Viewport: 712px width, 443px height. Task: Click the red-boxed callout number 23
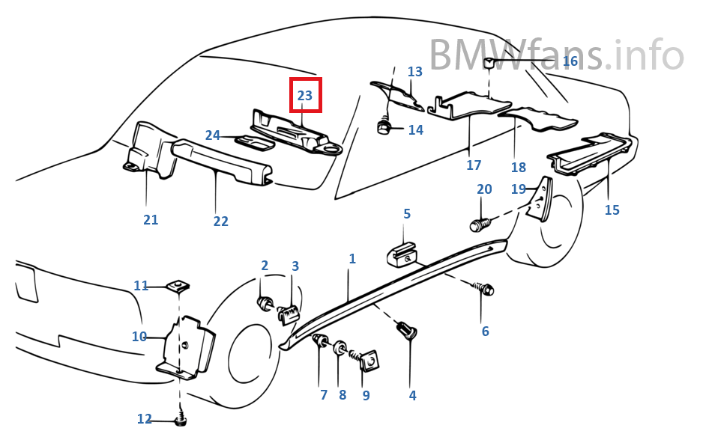[x=306, y=96]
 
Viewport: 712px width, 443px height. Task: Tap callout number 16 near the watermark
[x=570, y=61]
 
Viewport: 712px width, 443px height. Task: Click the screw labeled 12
[x=180, y=421]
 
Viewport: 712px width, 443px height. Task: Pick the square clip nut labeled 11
[x=179, y=285]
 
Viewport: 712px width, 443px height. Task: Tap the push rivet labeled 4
[x=409, y=331]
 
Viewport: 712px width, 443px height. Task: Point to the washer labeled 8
[x=340, y=348]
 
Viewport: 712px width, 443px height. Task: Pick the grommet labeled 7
[x=321, y=343]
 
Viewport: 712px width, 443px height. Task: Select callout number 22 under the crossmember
[x=220, y=221]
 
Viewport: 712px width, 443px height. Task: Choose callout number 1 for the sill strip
[x=352, y=259]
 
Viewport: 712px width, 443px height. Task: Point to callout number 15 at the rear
[x=612, y=210]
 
